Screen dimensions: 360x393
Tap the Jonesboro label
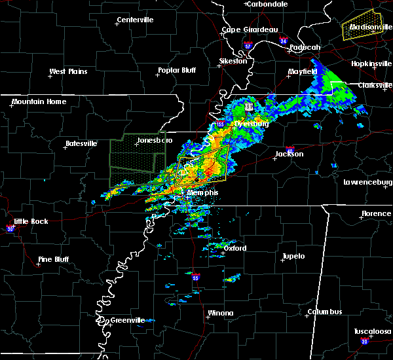point(156,140)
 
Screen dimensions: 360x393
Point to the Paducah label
point(305,47)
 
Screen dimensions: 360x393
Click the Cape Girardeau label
point(250,29)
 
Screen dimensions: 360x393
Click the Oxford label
point(234,249)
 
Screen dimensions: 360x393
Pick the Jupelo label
point(293,256)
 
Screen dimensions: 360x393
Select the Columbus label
point(326,312)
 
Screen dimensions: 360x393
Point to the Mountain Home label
point(39,101)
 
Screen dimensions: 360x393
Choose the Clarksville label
point(375,85)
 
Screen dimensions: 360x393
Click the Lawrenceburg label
point(368,182)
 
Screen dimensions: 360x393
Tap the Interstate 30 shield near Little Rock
point(10,228)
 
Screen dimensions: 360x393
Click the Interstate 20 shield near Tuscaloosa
point(365,342)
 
